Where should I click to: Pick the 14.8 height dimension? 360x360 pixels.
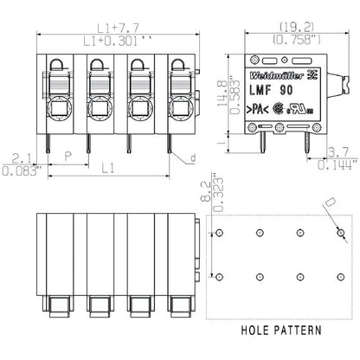[x=222, y=87]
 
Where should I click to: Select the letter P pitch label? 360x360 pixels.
[x=67, y=156]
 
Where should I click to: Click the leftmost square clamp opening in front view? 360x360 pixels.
[x=54, y=109]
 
